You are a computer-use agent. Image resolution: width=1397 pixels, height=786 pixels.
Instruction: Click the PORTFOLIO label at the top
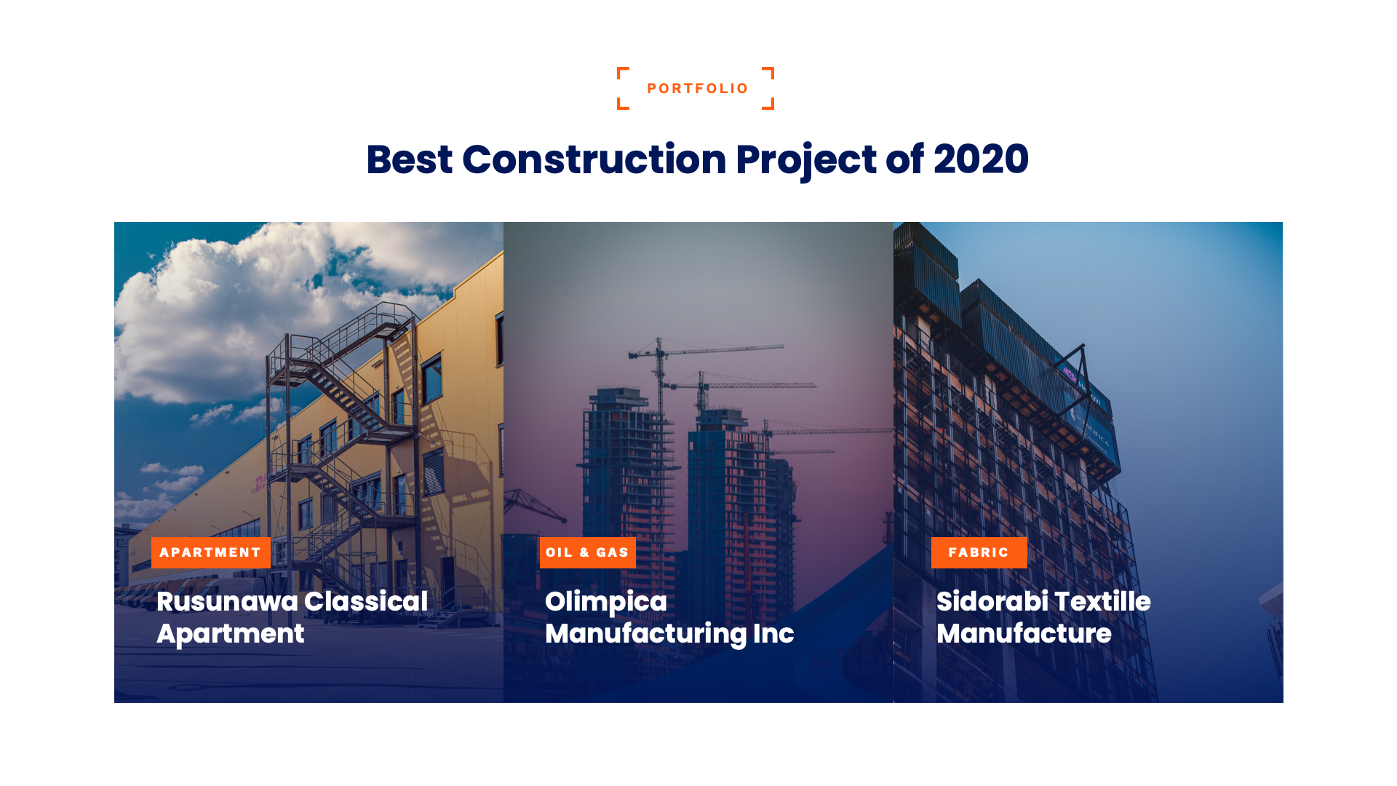tap(697, 89)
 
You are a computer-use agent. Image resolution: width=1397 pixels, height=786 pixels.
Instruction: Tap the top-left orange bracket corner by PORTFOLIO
tap(621, 71)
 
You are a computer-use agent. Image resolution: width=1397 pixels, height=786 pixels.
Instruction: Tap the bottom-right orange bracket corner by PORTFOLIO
tap(769, 106)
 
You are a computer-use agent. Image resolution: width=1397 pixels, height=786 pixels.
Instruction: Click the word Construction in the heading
tap(594, 159)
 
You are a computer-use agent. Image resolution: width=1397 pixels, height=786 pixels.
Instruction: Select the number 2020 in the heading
tap(981, 159)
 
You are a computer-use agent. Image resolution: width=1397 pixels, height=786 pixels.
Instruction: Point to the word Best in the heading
tap(409, 159)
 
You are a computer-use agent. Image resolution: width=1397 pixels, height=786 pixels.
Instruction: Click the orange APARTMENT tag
tap(210, 552)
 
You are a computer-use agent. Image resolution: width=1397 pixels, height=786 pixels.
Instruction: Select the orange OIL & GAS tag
tap(587, 552)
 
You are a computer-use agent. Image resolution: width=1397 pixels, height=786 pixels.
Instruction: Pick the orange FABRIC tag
tap(979, 552)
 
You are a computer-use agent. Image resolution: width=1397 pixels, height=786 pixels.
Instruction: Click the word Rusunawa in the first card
tap(226, 602)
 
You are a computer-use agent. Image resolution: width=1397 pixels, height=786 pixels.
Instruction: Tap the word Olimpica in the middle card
tap(605, 602)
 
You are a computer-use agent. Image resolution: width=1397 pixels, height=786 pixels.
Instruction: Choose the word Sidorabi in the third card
tap(991, 602)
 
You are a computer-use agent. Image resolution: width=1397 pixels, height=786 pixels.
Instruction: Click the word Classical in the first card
tap(365, 602)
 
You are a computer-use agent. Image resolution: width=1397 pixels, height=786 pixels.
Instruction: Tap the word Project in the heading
tap(805, 159)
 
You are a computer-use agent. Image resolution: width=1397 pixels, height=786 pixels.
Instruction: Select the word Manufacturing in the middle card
tap(645, 634)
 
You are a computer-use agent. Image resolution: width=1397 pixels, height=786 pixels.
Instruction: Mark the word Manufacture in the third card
tap(1023, 634)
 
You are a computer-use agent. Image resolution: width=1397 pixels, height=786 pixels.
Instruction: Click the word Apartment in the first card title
tap(230, 634)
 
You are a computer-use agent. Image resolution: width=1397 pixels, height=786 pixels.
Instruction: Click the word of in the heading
tap(904, 159)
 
